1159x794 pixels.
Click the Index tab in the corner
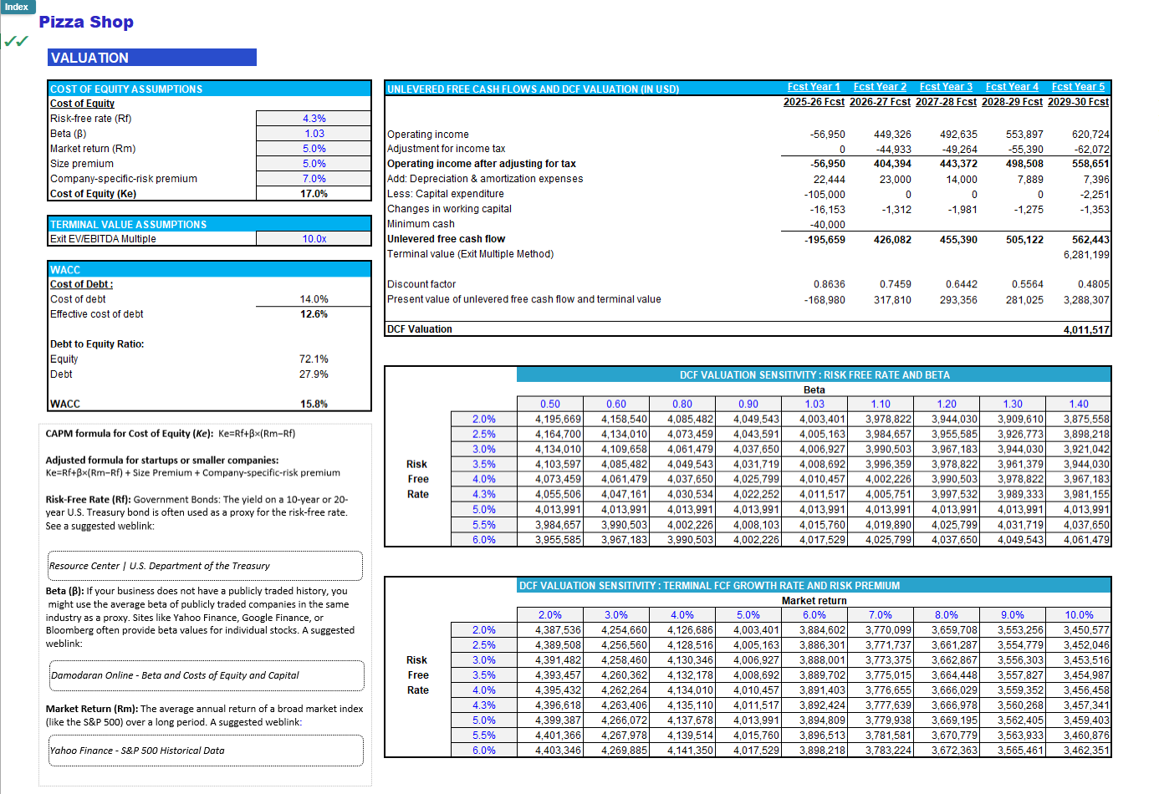[17, 7]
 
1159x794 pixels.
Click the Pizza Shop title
[86, 23]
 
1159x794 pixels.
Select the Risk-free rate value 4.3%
[314, 119]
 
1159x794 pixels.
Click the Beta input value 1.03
[314, 134]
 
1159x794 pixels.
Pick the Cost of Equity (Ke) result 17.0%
[314, 194]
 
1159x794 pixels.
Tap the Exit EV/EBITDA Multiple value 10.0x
[314, 239]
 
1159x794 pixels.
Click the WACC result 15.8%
[314, 404]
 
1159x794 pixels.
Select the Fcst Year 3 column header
[946, 87]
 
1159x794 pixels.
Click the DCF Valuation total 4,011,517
[1085, 330]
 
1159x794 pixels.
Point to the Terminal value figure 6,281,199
[1085, 255]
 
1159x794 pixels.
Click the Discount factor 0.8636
[828, 285]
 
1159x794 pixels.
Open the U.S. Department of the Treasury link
[159, 566]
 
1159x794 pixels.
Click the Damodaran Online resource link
[175, 675]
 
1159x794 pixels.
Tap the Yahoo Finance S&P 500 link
[137, 751]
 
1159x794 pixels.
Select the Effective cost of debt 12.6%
[314, 314]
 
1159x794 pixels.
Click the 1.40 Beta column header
[1078, 405]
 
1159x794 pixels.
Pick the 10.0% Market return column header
[1078, 615]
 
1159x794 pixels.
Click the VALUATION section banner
[152, 58]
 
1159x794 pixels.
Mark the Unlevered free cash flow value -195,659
[824, 240]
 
